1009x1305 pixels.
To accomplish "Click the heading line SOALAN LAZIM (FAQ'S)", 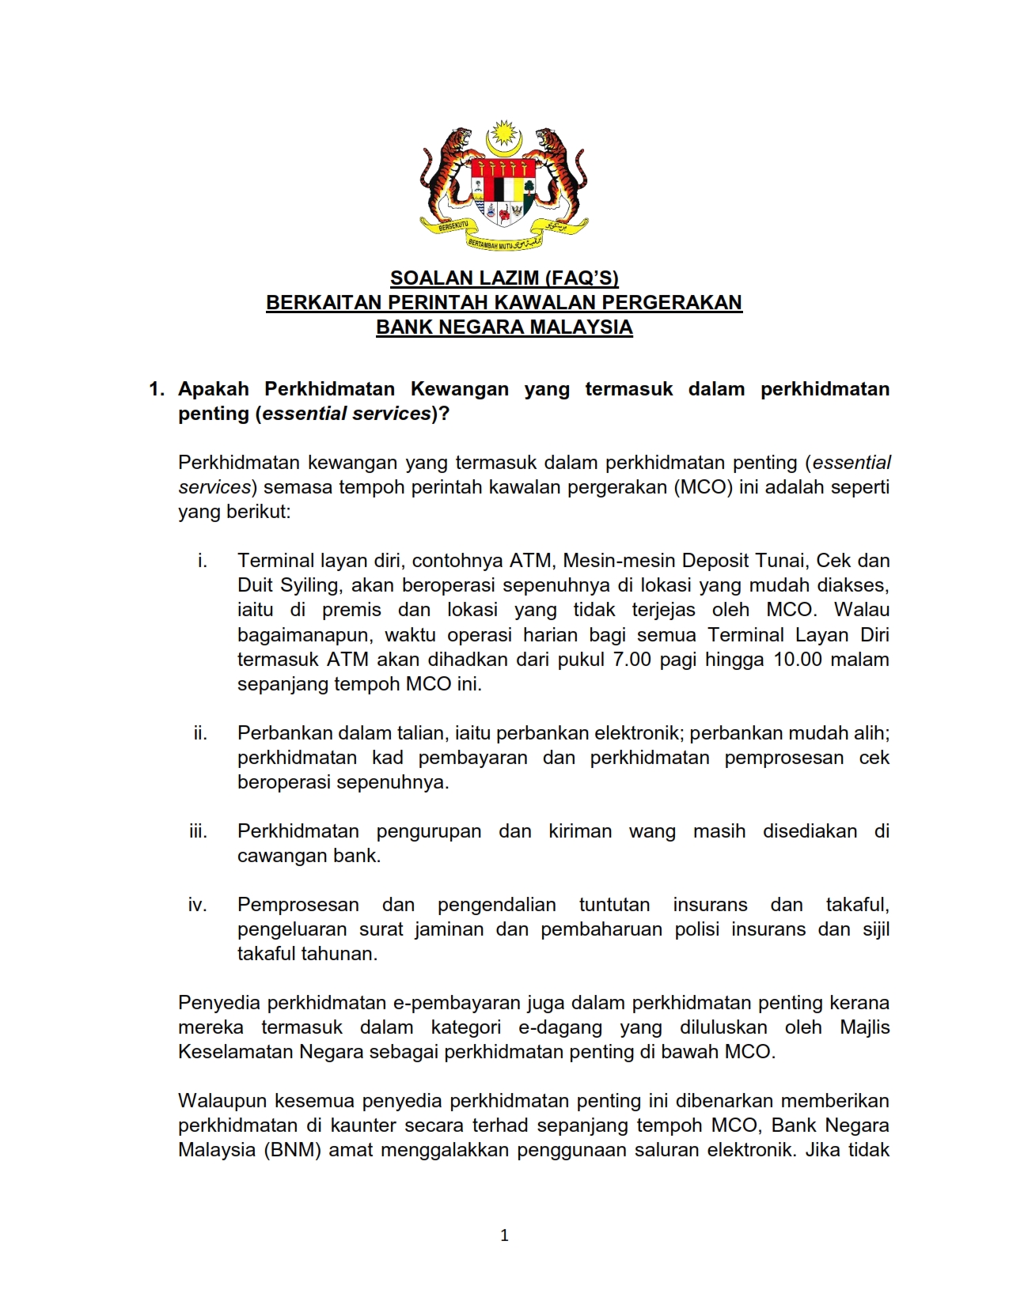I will (504, 278).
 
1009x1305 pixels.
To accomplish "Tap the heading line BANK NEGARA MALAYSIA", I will (504, 327).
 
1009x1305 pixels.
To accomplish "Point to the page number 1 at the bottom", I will (505, 1235).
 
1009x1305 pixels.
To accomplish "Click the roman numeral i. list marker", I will (203, 561).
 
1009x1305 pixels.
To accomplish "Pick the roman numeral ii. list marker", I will (201, 733).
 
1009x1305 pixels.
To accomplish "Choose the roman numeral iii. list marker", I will (199, 831).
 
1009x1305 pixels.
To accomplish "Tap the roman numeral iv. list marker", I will (198, 905).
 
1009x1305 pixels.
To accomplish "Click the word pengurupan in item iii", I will (428, 831).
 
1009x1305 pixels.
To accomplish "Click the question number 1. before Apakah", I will (157, 389).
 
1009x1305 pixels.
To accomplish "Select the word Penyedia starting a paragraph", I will (219, 1003).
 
